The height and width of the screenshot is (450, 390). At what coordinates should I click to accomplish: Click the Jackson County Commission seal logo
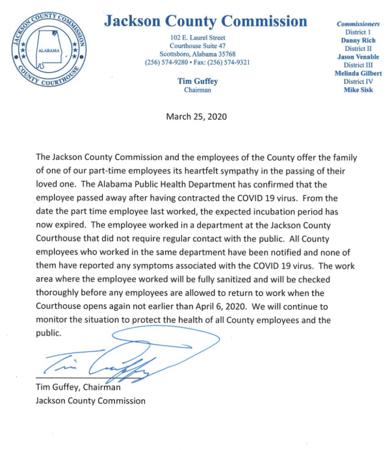(x=49, y=49)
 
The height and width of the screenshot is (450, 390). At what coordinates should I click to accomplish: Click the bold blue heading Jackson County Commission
(x=205, y=21)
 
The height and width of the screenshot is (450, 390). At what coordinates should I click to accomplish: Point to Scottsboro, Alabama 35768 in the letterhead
(x=197, y=54)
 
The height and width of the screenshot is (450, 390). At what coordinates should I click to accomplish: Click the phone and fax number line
(x=197, y=62)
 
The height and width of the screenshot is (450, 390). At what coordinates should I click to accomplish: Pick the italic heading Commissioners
(x=358, y=24)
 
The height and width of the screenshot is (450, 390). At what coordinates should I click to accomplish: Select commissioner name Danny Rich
(x=358, y=40)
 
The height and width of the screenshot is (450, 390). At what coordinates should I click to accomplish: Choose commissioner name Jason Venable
(x=358, y=57)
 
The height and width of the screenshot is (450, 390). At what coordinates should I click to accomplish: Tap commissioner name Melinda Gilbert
(x=358, y=73)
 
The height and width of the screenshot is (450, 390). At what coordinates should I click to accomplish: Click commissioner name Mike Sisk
(x=358, y=90)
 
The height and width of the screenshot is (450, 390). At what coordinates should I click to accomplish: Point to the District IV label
(x=358, y=82)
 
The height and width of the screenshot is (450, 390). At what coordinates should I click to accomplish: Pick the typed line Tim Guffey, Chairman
(x=79, y=388)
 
